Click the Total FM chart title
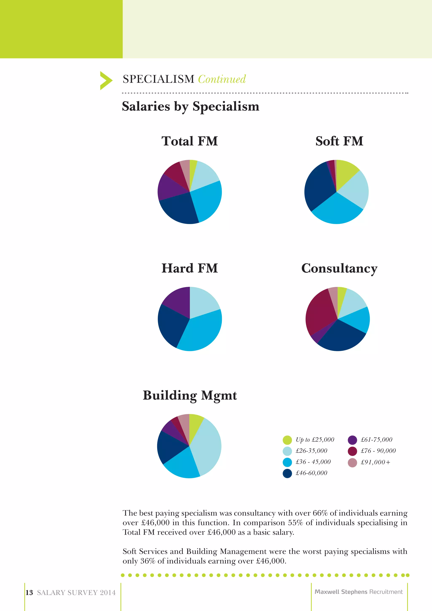189,141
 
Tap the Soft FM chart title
339,141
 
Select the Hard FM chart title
189,268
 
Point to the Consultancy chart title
339,268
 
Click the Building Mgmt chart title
189,395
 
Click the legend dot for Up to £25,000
287,440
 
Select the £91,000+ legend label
375,462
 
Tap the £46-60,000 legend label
311,473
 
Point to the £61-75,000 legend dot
352,440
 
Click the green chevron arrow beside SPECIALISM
106,80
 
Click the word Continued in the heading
222,79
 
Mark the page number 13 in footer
29,593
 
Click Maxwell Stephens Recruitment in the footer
358,592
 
